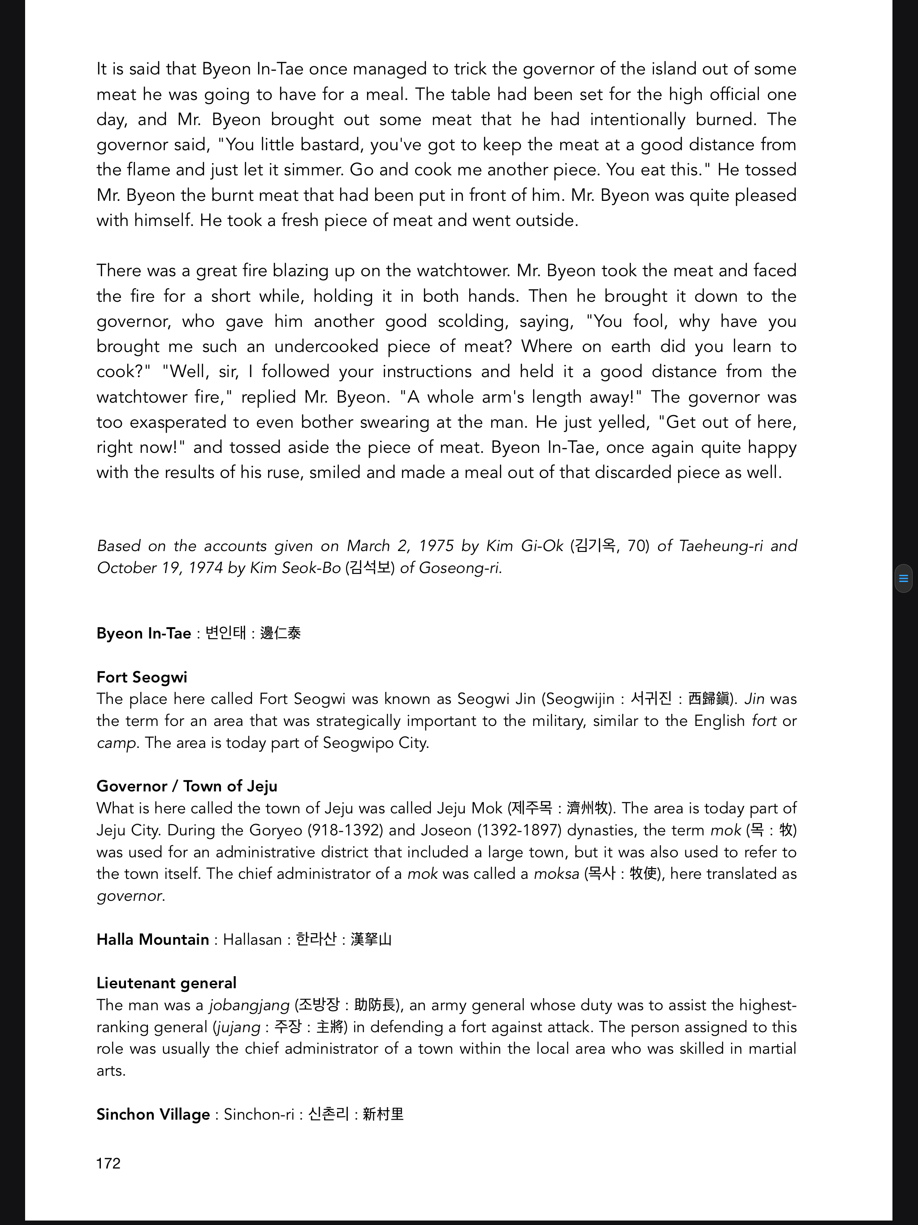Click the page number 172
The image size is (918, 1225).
(108, 1164)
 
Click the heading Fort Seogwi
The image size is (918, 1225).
(142, 678)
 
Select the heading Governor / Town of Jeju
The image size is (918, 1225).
(186, 786)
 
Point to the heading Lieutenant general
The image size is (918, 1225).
(166, 983)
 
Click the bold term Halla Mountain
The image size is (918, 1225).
(152, 940)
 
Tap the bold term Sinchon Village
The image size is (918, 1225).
(153, 1115)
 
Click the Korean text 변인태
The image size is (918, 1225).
(225, 633)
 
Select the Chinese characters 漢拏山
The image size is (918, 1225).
(371, 940)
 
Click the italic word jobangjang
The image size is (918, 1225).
(249, 1005)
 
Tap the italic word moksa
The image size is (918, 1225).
(556, 874)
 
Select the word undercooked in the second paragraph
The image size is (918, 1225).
(325, 347)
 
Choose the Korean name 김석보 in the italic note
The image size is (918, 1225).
(369, 568)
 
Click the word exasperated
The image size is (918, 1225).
(181, 422)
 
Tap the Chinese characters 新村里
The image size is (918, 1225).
(383, 1115)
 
